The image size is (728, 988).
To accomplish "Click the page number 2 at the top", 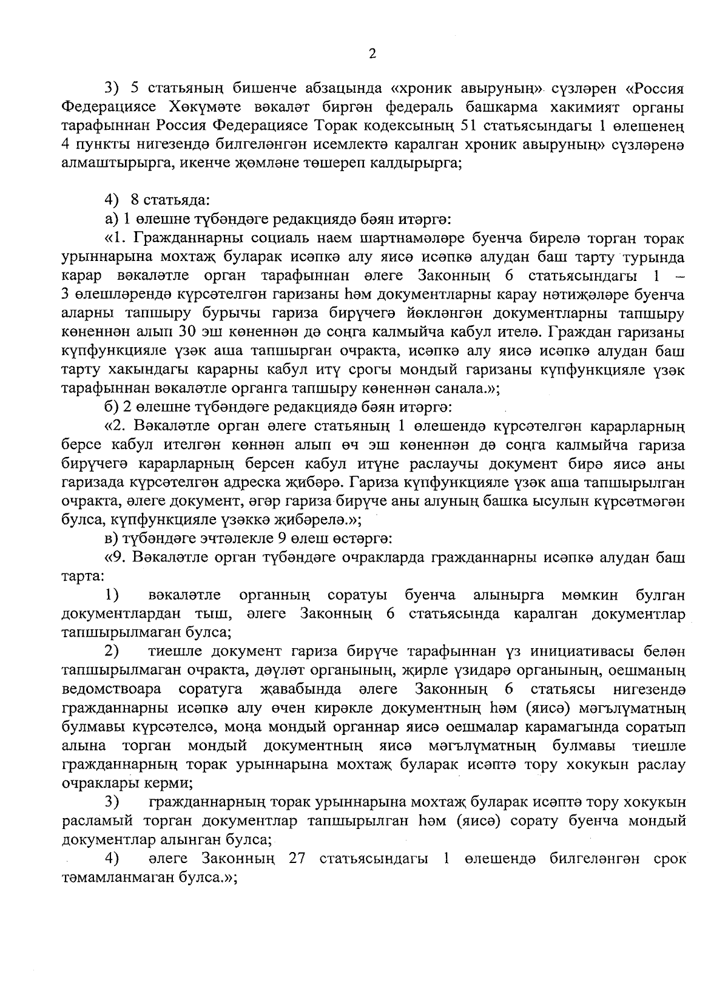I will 372,54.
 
